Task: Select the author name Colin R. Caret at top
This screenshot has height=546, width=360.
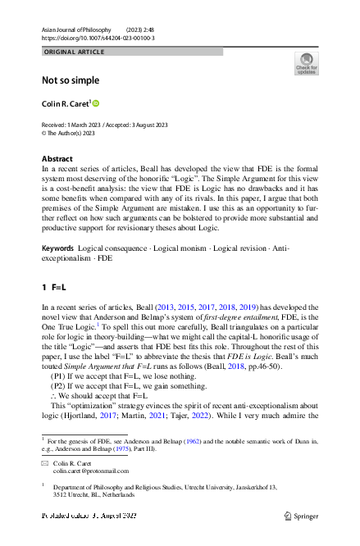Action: (x=66, y=103)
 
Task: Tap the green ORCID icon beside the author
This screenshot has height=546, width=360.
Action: (x=95, y=103)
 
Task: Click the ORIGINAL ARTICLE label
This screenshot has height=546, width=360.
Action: (x=74, y=52)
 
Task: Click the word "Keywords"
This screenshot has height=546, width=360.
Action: (x=59, y=225)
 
